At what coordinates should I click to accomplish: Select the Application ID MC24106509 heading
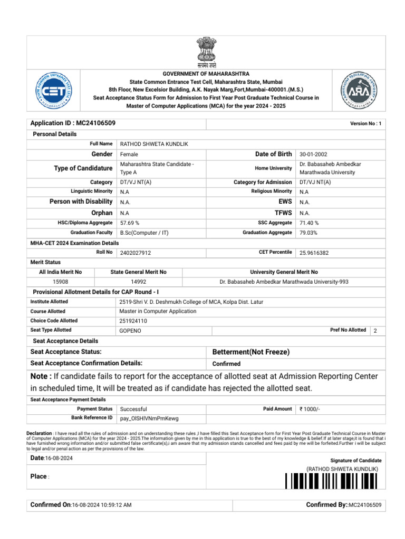point(73,123)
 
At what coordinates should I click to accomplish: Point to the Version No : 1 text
point(365,124)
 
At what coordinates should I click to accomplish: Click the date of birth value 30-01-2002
point(313,155)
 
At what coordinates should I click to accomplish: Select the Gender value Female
point(129,155)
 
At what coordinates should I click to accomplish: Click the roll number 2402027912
point(136,253)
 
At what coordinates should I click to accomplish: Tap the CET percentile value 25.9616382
point(314,253)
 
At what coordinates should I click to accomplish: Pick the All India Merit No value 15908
point(61,282)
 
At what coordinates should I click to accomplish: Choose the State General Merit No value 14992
point(139,282)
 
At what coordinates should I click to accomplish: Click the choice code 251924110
point(134,321)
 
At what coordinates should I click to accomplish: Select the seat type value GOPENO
point(130,331)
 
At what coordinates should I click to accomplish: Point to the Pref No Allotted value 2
point(375,331)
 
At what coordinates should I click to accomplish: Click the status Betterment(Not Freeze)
point(250,352)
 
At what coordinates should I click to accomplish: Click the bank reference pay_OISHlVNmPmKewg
point(149,418)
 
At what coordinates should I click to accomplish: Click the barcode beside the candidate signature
point(332,481)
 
